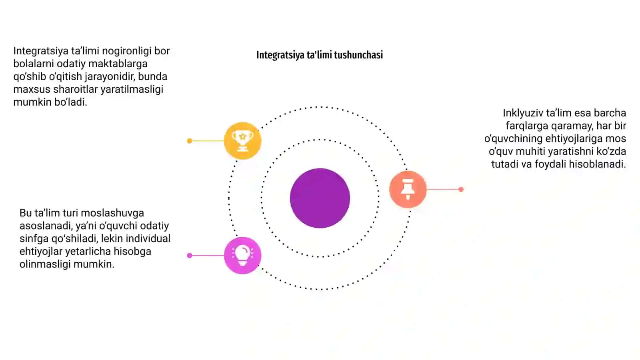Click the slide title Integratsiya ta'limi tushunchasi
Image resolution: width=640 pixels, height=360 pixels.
click(320, 55)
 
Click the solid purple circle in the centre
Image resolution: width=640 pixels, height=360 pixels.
click(320, 198)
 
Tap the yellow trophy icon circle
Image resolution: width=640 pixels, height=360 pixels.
click(242, 140)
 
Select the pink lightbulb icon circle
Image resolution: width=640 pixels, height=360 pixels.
click(242, 255)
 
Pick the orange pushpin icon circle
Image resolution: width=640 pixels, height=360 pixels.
click(408, 189)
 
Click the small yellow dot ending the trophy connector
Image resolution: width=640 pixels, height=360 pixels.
click(190, 140)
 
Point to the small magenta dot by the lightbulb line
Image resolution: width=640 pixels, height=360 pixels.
click(190, 256)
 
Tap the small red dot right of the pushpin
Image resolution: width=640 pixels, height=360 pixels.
click(461, 189)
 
